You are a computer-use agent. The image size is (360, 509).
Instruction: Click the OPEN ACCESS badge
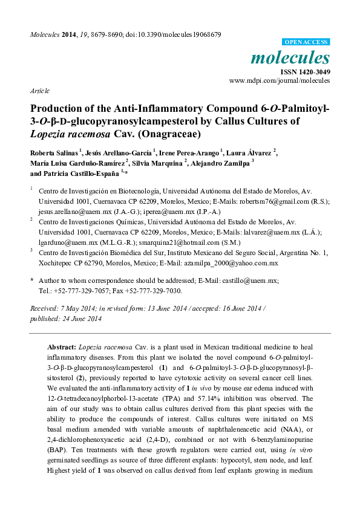(307, 42)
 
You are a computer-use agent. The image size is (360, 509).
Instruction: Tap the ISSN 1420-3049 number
(305, 71)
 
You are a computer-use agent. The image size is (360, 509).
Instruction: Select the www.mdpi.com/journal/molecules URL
(280, 80)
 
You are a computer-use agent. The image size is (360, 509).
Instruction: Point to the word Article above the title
(39, 90)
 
